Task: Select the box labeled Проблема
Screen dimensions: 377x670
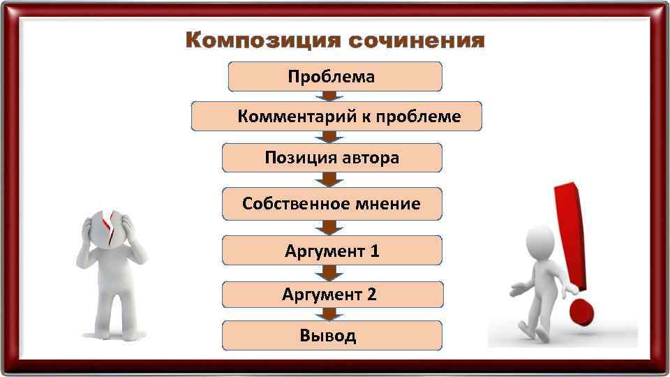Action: pos(335,76)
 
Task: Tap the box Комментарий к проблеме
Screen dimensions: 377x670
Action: pos(336,117)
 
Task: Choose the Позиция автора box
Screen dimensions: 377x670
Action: pos(332,158)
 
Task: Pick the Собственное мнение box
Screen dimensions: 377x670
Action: pos(332,203)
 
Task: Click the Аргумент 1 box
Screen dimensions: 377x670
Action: pos(332,250)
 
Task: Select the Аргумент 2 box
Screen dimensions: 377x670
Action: pos(332,295)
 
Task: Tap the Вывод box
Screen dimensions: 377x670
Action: pos(332,336)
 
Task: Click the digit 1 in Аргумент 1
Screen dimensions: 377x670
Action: pos(375,251)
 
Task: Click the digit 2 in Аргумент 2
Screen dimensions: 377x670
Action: pos(371,295)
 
